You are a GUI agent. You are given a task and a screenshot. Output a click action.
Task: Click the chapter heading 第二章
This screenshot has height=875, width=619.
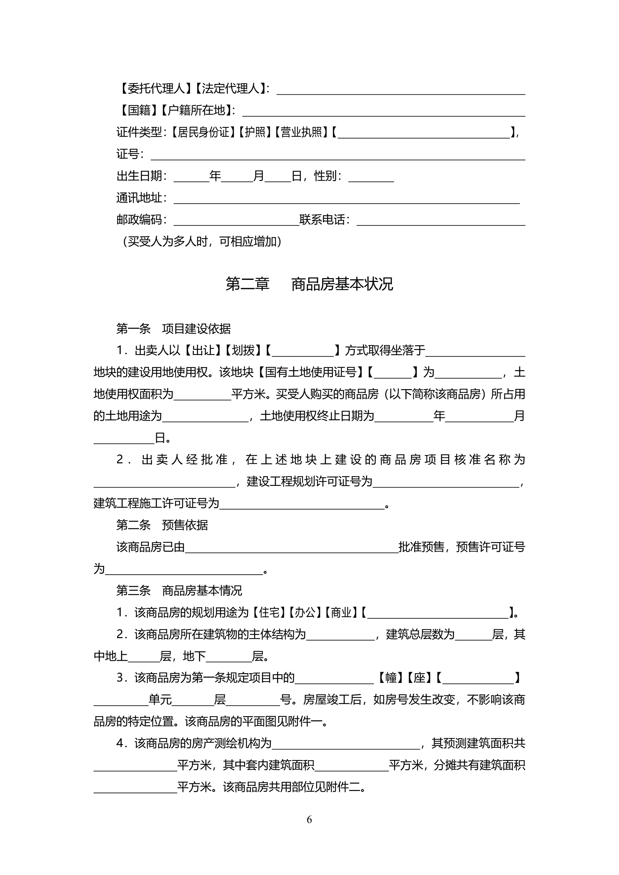click(247, 284)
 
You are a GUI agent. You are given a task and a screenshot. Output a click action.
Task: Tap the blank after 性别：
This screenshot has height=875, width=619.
click(371, 177)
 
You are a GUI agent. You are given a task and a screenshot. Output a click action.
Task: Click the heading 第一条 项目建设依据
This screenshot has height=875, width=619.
click(173, 328)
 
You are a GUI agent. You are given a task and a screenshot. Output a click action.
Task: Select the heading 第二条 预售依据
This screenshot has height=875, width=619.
click(162, 525)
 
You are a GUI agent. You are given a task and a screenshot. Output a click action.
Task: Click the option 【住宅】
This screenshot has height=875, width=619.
click(269, 612)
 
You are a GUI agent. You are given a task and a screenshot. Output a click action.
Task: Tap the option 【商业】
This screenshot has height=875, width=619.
click(341, 612)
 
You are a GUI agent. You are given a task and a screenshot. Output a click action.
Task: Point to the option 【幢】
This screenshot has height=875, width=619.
click(391, 678)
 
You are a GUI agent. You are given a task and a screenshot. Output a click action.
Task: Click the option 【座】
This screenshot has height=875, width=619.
click(419, 678)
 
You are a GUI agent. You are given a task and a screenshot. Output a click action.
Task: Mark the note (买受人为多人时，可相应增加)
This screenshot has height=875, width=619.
click(202, 241)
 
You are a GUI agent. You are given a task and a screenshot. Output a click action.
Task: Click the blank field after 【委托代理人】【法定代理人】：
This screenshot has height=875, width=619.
click(401, 90)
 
